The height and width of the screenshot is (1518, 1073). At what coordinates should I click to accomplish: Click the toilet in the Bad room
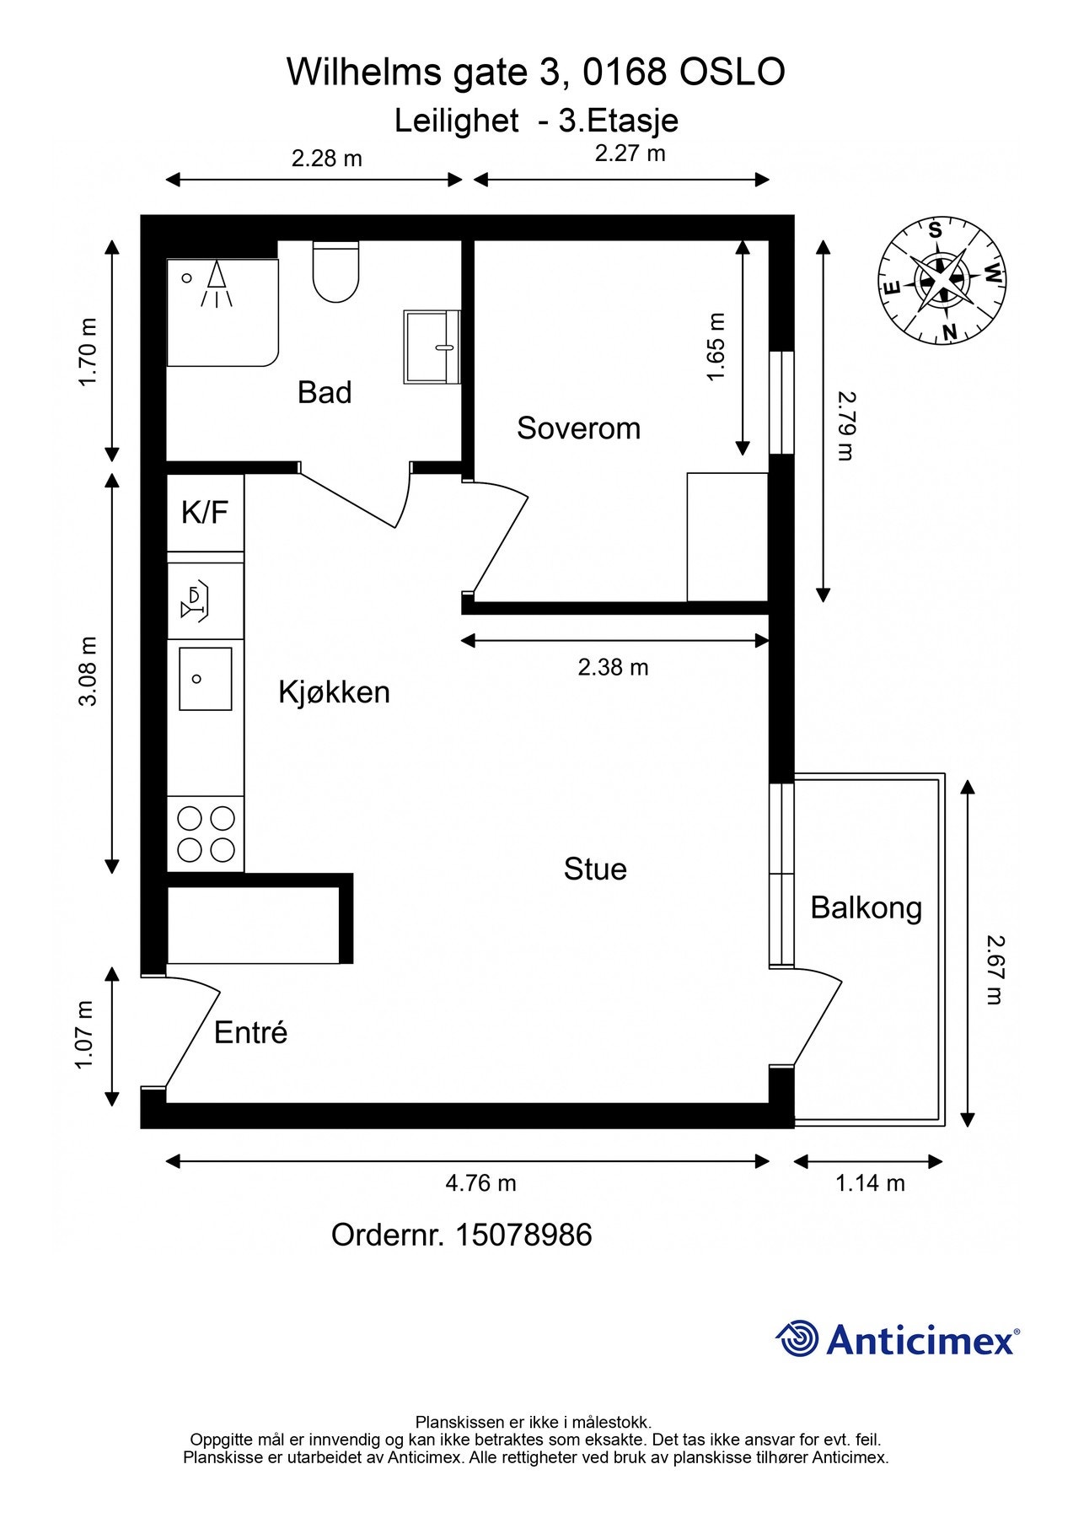point(335,272)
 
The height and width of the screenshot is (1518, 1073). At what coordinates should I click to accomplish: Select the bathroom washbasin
point(432,347)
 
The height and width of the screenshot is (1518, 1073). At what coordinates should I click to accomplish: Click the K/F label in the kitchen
point(205,512)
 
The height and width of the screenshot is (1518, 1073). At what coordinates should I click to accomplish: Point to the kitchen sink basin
point(205,679)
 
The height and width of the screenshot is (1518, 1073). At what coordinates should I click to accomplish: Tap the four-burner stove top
point(206,834)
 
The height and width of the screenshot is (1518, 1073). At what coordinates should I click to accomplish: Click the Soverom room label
point(578,428)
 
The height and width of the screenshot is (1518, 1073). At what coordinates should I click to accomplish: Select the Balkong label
point(866,908)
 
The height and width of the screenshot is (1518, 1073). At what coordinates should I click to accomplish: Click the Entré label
point(250,1032)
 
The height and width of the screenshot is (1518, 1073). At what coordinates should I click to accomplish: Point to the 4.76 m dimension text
point(480,1183)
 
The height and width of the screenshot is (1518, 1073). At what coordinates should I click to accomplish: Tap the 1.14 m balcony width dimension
point(870,1183)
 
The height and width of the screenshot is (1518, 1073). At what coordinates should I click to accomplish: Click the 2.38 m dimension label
point(613,667)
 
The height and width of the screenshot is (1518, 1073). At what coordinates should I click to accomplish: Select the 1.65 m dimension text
point(716,347)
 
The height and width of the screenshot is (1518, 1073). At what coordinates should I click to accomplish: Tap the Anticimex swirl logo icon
point(797,1338)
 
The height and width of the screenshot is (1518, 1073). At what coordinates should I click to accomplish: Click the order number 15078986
point(523,1235)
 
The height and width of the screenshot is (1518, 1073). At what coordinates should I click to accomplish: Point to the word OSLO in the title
point(732,73)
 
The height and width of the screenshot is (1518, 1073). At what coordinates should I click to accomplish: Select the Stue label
point(595,869)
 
